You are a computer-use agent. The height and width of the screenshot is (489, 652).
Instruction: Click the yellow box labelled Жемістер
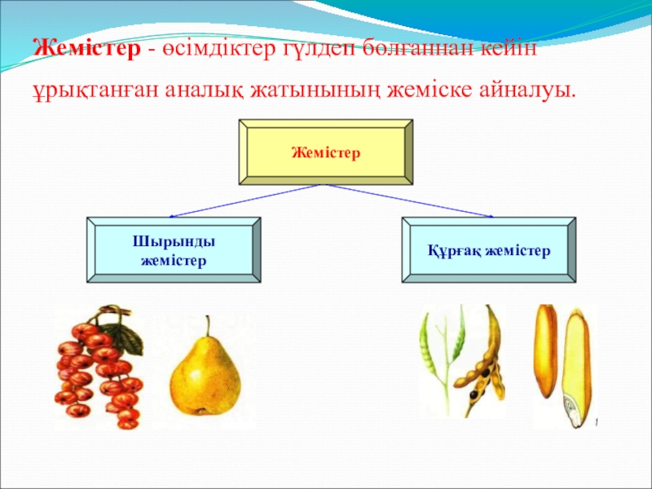(325, 152)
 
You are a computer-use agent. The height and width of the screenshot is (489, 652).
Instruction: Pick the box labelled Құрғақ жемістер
(488, 249)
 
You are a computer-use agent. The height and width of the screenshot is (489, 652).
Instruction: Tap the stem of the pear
(209, 326)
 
